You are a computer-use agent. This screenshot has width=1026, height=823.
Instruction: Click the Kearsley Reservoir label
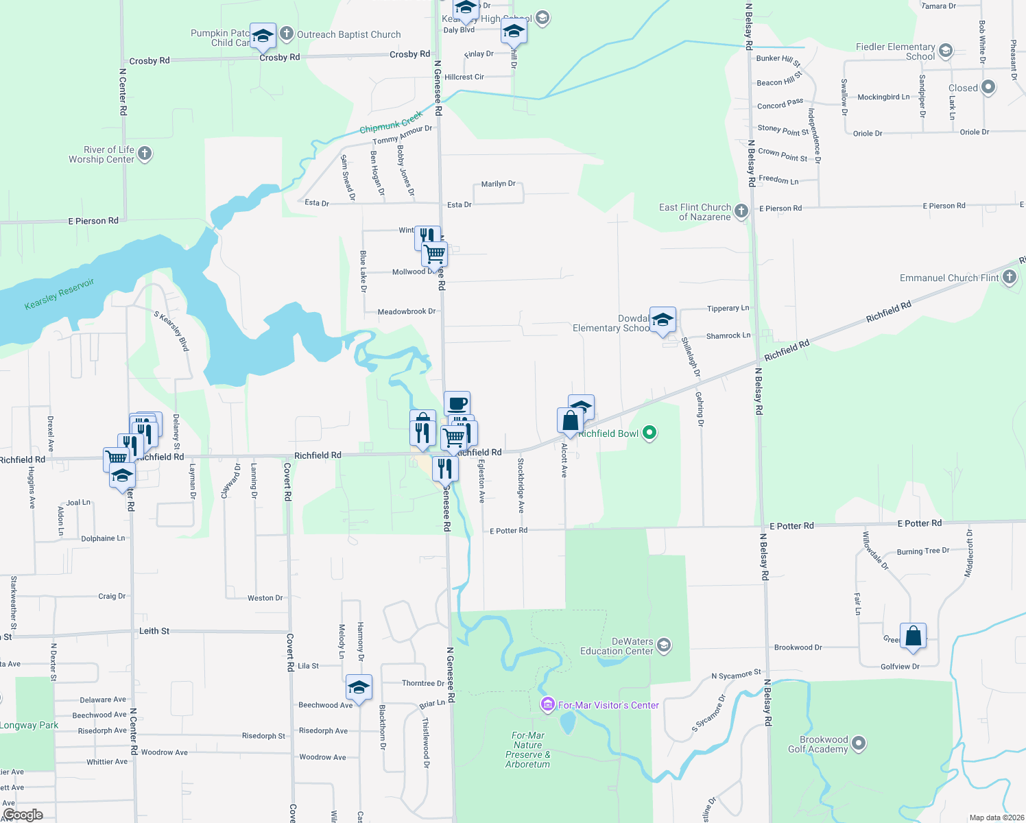(x=59, y=294)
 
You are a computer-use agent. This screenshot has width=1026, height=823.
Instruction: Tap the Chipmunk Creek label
(x=391, y=123)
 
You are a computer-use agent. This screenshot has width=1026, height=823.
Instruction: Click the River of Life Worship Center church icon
(x=145, y=154)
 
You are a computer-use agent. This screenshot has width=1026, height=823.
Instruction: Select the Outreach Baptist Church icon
(x=287, y=34)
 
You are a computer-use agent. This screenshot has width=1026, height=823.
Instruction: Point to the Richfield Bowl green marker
(x=649, y=433)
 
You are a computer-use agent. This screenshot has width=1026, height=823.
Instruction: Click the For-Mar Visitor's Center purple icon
(x=547, y=704)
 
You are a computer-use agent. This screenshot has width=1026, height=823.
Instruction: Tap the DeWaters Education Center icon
(x=663, y=645)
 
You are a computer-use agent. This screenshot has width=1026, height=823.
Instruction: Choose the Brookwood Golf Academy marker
(x=859, y=743)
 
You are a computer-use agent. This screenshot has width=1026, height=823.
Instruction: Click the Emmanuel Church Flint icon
(x=1009, y=277)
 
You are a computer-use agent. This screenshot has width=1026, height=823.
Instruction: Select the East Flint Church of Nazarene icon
(x=741, y=211)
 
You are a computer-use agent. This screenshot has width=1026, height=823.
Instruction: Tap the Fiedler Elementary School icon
(x=946, y=51)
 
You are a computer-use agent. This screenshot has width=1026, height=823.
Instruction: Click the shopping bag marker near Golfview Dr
(x=913, y=637)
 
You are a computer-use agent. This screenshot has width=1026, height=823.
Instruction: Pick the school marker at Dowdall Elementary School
(x=662, y=320)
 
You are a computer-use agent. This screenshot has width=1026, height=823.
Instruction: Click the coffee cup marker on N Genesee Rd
(x=457, y=404)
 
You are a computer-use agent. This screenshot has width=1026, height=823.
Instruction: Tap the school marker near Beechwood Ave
(x=359, y=688)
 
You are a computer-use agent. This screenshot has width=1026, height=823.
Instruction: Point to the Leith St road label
(x=154, y=631)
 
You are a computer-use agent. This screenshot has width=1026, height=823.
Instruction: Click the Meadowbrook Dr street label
(x=407, y=312)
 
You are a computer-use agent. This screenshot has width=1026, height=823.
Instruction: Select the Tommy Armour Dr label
(x=403, y=135)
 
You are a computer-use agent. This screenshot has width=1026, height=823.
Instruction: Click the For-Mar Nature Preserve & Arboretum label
(x=527, y=750)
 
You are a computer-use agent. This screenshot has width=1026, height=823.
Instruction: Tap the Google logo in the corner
(x=23, y=815)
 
